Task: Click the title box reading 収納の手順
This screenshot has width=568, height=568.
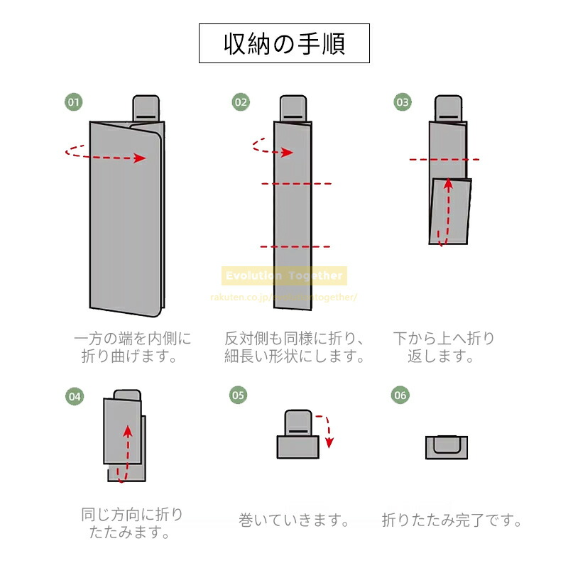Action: click(x=284, y=44)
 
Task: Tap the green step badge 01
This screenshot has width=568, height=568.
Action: click(x=74, y=102)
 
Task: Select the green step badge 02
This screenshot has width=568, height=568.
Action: click(x=241, y=102)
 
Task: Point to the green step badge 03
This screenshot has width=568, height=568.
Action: click(x=403, y=102)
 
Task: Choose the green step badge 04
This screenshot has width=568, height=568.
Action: click(x=74, y=396)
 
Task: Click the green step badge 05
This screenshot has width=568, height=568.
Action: click(x=239, y=395)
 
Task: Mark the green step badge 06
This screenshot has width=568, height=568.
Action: click(x=400, y=395)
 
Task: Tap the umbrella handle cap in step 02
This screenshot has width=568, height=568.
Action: click(x=295, y=108)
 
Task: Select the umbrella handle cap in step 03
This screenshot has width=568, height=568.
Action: click(x=447, y=108)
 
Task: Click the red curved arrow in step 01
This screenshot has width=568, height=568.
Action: click(x=106, y=155)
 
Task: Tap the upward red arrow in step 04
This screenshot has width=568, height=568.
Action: click(x=125, y=452)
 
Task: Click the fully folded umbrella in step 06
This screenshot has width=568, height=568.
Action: click(x=445, y=447)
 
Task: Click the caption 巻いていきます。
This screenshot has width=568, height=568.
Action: click(x=295, y=521)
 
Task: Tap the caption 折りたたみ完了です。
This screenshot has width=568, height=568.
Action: click(x=452, y=521)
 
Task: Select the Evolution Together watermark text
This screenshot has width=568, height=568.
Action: click(x=283, y=276)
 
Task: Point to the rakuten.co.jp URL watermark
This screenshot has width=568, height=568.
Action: click(x=283, y=296)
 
